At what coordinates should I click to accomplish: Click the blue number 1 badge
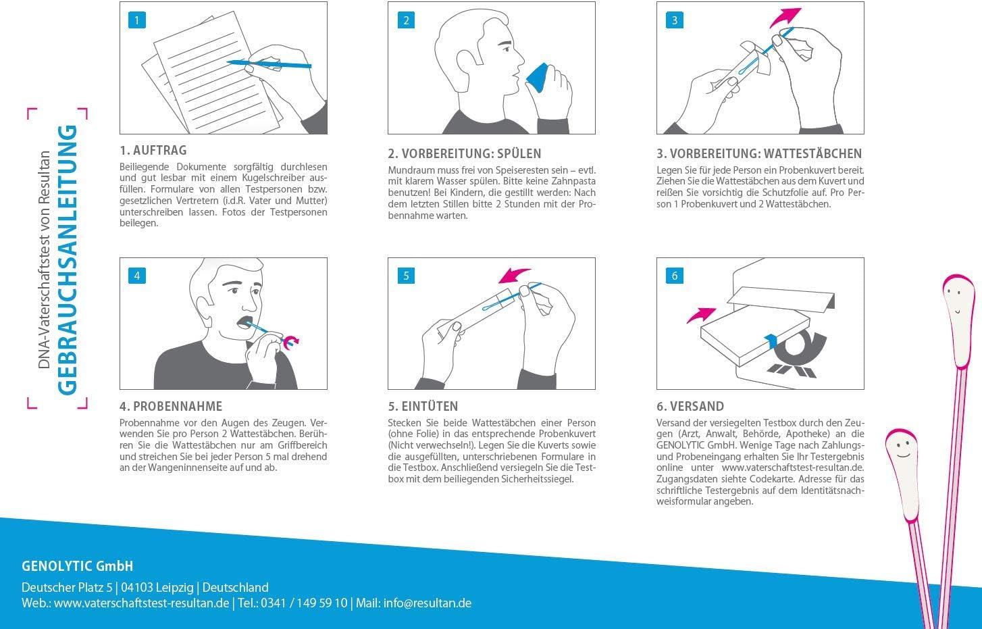[x=137, y=20]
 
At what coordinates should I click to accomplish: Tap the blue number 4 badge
[x=137, y=276]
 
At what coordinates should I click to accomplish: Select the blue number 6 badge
[x=674, y=276]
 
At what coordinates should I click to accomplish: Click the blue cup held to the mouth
[x=538, y=78]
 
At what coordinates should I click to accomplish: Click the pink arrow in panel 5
[x=514, y=276]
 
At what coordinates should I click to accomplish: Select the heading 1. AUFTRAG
[x=153, y=151]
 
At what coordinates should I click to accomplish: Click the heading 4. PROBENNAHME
[x=171, y=406]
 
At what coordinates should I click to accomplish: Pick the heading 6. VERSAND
[x=690, y=406]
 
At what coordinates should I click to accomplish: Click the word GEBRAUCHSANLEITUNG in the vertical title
[x=68, y=260]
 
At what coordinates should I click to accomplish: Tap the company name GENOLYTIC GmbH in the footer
[x=77, y=566]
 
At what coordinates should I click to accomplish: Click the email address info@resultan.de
[x=428, y=603]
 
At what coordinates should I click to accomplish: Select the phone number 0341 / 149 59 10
[x=304, y=603]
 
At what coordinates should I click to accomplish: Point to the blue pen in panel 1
[x=269, y=64]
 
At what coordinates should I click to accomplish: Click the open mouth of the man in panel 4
[x=244, y=322]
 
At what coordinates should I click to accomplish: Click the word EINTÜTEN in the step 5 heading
[x=430, y=406]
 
